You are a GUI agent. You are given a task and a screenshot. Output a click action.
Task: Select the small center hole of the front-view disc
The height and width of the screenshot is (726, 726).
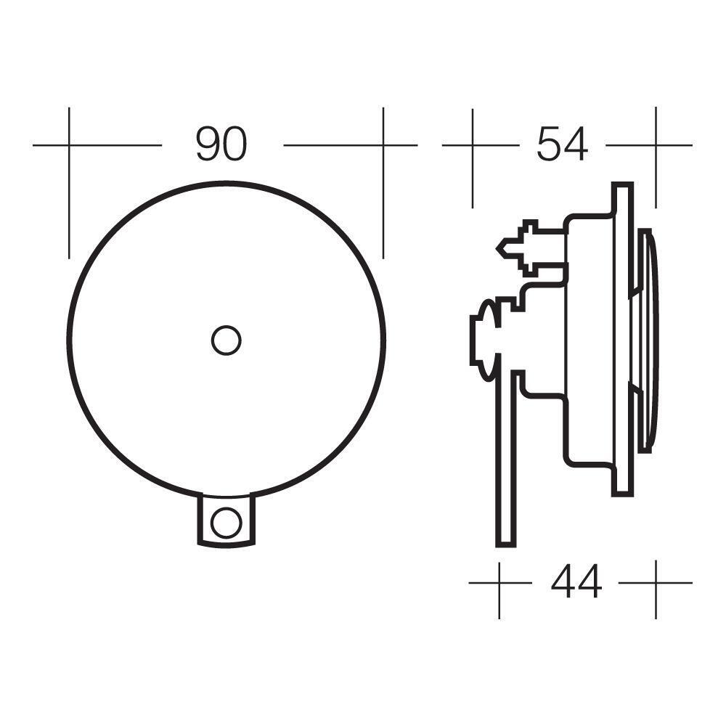point(226,340)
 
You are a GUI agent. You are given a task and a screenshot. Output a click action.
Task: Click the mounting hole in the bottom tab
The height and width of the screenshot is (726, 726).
point(226,522)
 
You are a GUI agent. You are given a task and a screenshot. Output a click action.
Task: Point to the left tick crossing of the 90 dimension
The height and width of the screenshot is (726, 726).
point(69,145)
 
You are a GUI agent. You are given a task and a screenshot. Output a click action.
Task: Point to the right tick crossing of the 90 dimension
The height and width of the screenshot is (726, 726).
point(383,145)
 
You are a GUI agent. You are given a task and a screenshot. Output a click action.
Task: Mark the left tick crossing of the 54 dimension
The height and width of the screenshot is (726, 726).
point(473,145)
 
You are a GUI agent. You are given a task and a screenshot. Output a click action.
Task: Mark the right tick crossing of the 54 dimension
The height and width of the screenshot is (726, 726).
point(656,145)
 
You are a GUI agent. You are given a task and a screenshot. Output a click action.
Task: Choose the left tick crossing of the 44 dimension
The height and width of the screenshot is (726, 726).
point(499,582)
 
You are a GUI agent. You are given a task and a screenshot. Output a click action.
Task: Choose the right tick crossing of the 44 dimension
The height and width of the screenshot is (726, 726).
point(656,582)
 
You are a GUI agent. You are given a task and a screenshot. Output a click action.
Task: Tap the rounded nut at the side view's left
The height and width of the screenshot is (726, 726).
point(484,338)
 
